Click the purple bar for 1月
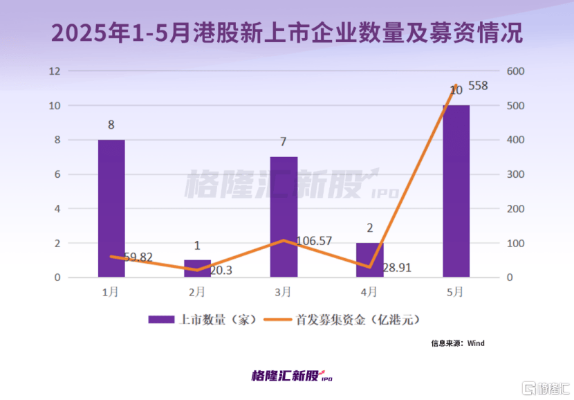click(111, 208)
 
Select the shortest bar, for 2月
click(197, 269)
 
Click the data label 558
click(478, 86)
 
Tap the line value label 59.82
click(138, 257)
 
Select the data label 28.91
click(397, 266)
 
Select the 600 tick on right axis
click(516, 71)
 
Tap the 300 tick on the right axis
click(516, 174)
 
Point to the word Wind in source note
click(476, 343)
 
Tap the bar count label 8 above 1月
click(111, 125)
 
